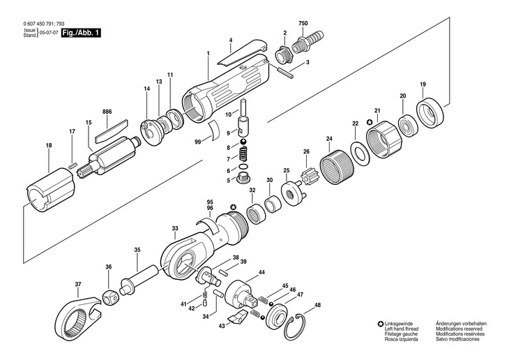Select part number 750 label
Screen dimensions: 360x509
click(x=303, y=23)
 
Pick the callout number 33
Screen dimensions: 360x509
click(x=174, y=228)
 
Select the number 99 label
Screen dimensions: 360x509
click(x=197, y=142)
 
